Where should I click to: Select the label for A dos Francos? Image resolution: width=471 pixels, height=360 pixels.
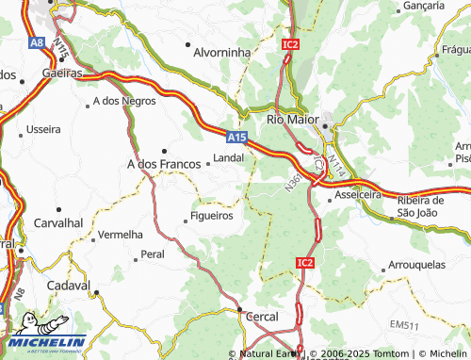(164, 164)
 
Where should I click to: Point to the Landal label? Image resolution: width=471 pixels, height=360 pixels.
(229, 159)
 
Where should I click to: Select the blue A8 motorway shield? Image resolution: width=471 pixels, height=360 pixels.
(37, 42)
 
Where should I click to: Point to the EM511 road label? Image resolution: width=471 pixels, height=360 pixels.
(406, 325)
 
